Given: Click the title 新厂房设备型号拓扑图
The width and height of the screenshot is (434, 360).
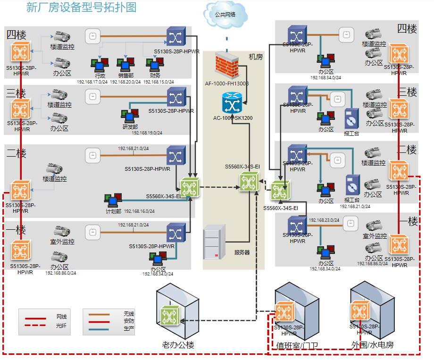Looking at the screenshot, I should tap(81, 8).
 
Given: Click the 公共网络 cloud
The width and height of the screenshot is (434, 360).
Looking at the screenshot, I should tap(225, 15).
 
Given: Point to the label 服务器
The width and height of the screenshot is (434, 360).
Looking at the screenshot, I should tap(242, 252).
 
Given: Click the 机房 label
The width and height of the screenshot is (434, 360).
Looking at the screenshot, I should tap(256, 57).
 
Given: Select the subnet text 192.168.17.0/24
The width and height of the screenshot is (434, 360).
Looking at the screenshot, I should tap(92, 82).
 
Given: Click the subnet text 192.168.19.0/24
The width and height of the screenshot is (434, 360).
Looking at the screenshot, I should tap(147, 133).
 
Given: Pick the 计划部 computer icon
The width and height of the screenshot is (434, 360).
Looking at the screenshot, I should tap(113, 200).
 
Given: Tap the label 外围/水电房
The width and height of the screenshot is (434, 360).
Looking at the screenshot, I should tap(373, 345).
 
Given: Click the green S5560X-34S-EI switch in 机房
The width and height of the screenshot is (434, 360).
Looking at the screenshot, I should tap(249, 182).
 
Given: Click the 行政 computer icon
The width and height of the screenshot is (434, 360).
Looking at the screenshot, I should tap(99, 65).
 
